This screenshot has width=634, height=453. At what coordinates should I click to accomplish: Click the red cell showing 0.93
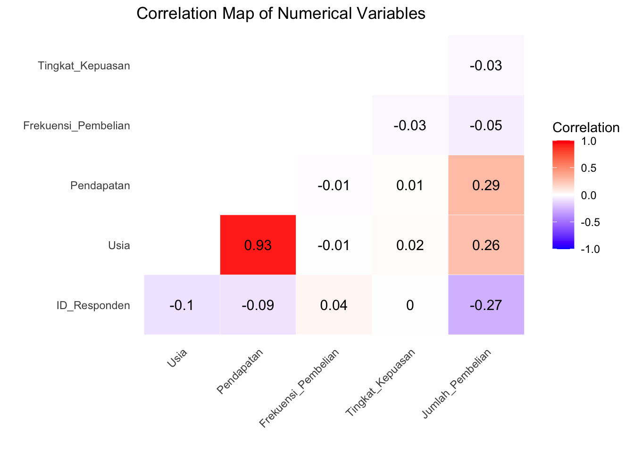(258, 245)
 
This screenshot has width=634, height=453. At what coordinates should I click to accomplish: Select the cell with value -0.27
(486, 305)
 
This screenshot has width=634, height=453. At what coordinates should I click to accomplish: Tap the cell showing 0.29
(486, 185)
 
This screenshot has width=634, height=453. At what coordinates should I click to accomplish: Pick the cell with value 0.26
(486, 245)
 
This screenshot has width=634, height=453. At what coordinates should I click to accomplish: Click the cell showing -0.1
(182, 305)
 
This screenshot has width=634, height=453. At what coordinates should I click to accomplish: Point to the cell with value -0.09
(258, 305)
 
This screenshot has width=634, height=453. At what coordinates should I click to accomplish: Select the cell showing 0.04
(334, 305)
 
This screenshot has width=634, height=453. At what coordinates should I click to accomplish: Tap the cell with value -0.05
(486, 125)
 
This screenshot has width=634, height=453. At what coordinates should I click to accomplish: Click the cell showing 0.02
(410, 245)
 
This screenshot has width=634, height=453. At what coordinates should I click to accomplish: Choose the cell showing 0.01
(410, 185)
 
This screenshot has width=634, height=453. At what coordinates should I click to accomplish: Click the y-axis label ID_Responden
(93, 305)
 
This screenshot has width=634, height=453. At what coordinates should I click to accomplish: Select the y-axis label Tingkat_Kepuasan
(84, 66)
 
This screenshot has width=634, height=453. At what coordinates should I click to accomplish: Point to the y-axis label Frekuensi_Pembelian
(76, 126)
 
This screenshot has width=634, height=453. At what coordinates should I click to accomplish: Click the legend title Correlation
(585, 127)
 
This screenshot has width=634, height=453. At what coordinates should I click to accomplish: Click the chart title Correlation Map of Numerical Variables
(281, 13)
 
